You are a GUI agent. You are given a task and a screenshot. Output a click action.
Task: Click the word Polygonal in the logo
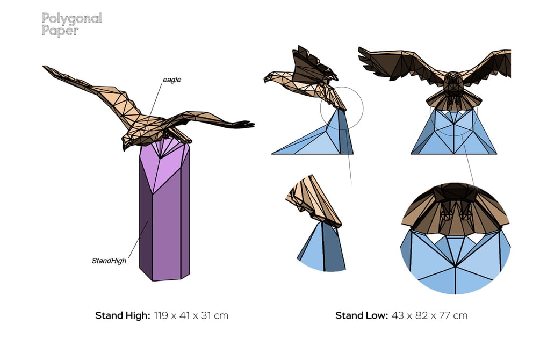coord(71,19)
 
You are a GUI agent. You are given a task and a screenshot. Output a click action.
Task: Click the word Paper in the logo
coord(60,31)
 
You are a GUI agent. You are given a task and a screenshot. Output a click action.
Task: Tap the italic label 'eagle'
coord(172,80)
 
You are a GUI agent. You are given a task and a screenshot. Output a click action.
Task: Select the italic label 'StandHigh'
coord(109,261)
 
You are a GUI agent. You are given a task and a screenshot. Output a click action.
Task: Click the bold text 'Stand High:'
coord(123,315)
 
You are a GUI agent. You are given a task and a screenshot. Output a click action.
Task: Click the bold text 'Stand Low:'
coord(361,315)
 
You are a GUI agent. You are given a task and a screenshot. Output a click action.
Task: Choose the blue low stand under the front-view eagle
coord(454,134)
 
